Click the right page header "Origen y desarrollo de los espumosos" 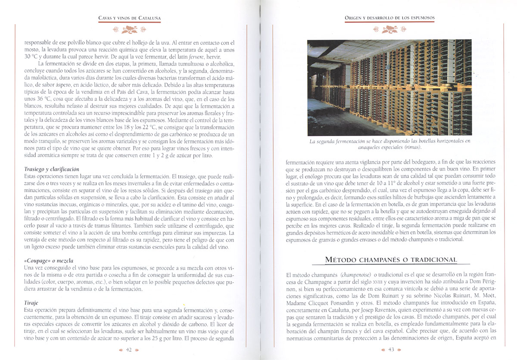pyautogui.click(x=389, y=18)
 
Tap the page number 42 pyautogui.click(x=128, y=350)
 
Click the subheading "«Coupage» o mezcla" pyautogui.click(x=48, y=261)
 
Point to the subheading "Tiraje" pyautogui.click(x=31, y=303)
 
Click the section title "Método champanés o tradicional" pyautogui.click(x=391, y=260)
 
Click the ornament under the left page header pyautogui.click(x=129, y=30)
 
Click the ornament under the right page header pyautogui.click(x=389, y=30)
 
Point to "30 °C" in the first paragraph pyautogui.click(x=32, y=57)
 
